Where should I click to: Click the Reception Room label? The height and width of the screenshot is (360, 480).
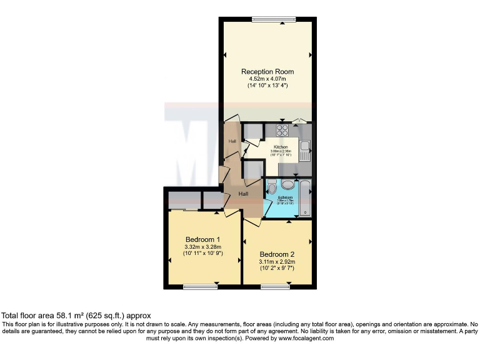(267, 72)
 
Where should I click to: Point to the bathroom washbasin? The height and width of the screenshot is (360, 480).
(288, 184)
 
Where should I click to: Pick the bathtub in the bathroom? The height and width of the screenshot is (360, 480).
(304, 197)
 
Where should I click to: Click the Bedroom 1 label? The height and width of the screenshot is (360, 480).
(203, 239)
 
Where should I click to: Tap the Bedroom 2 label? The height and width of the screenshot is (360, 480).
(277, 254)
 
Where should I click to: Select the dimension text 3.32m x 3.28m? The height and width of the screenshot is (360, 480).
(203, 247)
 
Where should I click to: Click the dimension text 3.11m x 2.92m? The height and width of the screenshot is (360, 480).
(277, 262)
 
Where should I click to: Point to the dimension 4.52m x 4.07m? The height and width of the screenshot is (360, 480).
(267, 79)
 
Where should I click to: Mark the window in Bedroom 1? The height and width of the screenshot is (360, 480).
(199, 287)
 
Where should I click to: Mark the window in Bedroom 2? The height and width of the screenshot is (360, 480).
(276, 287)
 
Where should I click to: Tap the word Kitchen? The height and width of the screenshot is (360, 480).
(281, 147)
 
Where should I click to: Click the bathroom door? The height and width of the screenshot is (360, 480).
(265, 209)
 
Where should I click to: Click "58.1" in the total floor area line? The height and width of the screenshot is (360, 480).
(64, 316)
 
